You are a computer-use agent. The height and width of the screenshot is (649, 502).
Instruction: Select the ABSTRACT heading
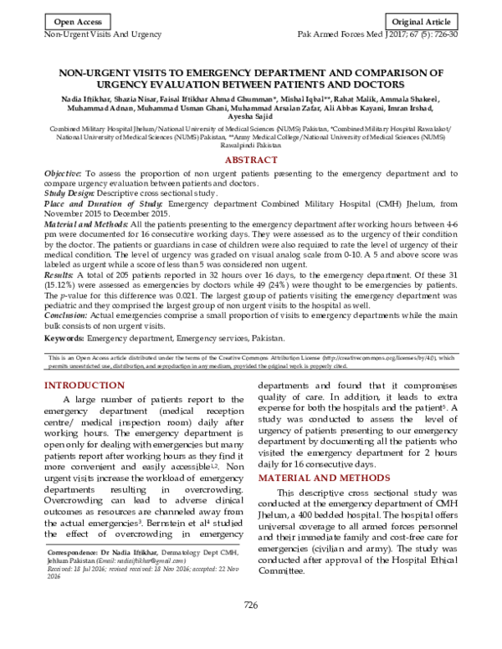point(252,160)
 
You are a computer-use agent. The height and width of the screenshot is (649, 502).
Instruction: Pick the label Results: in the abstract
point(60,273)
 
